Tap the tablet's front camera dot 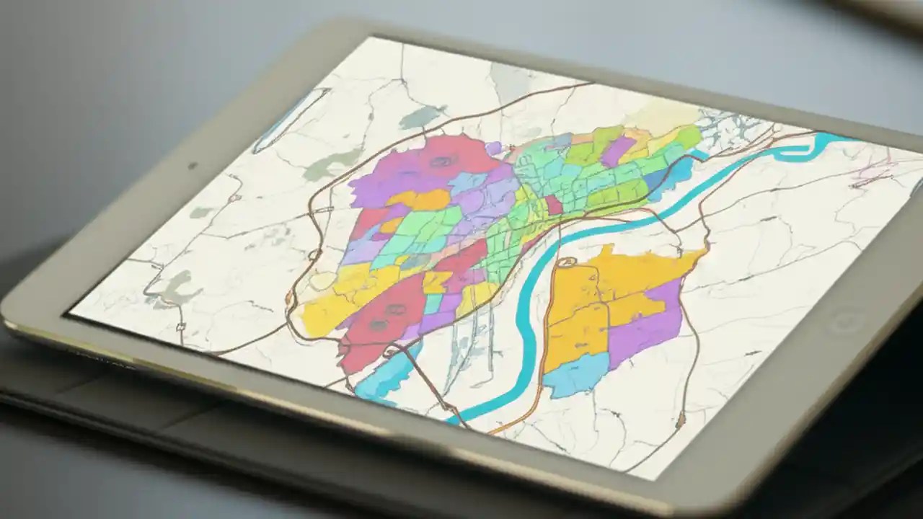tap(193, 166)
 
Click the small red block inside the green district tap(554, 205)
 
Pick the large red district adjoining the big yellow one tap(382, 317)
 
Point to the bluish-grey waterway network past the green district tap(728, 130)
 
